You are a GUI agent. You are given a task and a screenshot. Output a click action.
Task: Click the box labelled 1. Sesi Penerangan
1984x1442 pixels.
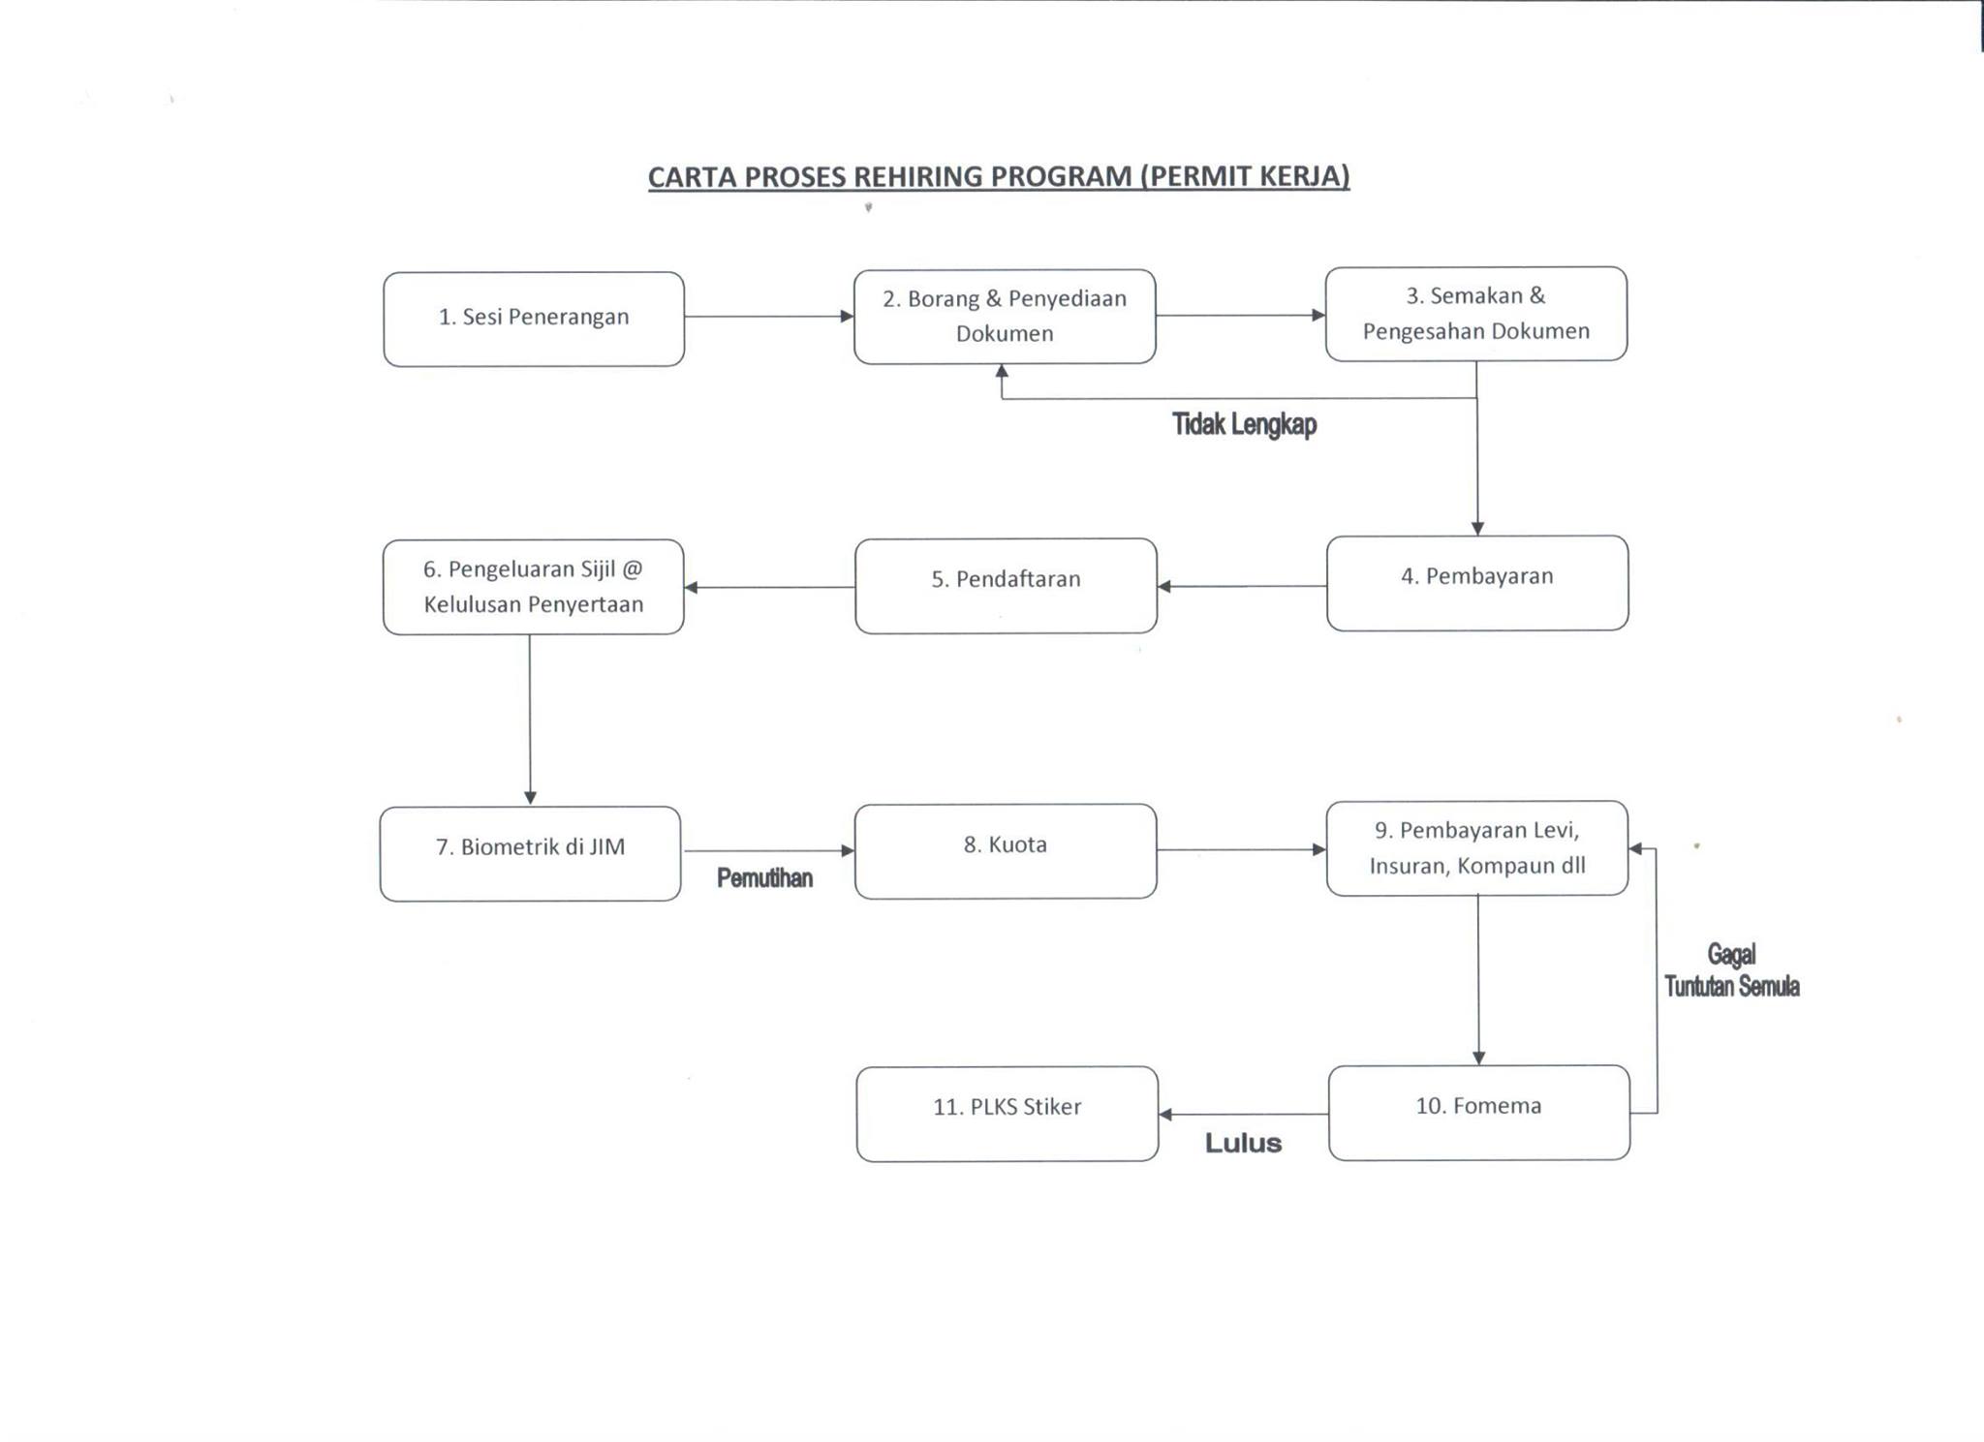[534, 319]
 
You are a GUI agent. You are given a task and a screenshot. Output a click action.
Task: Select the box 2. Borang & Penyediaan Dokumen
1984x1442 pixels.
[1005, 317]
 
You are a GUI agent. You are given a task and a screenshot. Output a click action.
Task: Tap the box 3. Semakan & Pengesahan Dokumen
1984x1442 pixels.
[1476, 314]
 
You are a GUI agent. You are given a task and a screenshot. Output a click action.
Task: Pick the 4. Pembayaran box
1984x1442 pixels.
[1477, 583]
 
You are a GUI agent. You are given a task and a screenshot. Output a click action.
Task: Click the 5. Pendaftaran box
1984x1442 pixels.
[1006, 586]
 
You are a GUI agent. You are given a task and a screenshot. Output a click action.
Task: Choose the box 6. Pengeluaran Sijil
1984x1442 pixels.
[534, 587]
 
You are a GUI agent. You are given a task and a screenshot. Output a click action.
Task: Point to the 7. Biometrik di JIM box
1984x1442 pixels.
[531, 854]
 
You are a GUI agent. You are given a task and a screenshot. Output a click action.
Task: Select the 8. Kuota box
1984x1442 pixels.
[1006, 851]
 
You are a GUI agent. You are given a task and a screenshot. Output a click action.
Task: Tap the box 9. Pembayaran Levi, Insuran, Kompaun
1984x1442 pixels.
[1477, 848]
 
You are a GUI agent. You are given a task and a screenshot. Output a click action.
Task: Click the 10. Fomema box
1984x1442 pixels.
[1479, 1113]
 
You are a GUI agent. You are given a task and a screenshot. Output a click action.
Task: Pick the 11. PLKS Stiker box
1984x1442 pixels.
[1007, 1115]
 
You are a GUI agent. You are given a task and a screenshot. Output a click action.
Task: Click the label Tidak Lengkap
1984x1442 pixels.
[1245, 424]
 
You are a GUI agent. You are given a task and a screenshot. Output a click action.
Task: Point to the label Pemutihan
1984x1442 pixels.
[764, 877]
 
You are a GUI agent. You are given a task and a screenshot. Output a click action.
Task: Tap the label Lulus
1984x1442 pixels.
[1243, 1144]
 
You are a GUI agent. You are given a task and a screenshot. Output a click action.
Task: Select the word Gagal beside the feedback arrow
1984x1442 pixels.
[1731, 956]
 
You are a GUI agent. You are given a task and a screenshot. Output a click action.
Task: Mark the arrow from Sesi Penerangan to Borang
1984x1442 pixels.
[769, 316]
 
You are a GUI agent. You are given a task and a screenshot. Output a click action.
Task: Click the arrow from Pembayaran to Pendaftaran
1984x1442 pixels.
[1242, 586]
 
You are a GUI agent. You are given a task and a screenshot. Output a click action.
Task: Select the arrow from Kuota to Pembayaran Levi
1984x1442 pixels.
[1242, 849]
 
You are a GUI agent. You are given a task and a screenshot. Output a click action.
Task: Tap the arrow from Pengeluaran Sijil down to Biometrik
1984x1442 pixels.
[530, 721]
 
